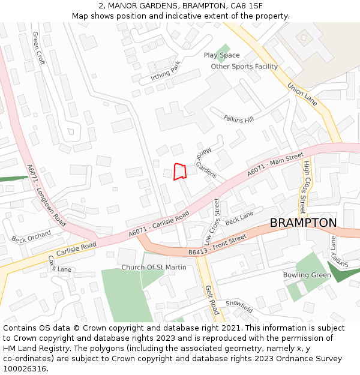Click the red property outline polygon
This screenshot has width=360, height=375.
pos(180,172)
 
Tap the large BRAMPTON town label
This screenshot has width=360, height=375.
pos(303,223)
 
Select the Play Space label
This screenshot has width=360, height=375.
pos(221,55)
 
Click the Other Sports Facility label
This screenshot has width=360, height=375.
pos(244,67)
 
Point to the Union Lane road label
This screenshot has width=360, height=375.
pos(302,94)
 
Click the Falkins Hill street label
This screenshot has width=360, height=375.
pos(238,119)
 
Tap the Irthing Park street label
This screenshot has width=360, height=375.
pos(166,73)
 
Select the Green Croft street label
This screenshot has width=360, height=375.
pos(39,48)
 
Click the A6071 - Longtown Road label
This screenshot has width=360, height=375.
pos(46,195)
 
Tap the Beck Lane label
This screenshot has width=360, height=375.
pos(239,218)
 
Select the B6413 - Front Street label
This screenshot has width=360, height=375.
pos(217,245)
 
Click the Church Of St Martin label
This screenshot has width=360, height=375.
pos(154,267)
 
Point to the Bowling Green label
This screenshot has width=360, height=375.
pos(307,275)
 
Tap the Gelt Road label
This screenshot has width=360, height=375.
pos(212,300)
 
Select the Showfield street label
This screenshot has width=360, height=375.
pos(239,306)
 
